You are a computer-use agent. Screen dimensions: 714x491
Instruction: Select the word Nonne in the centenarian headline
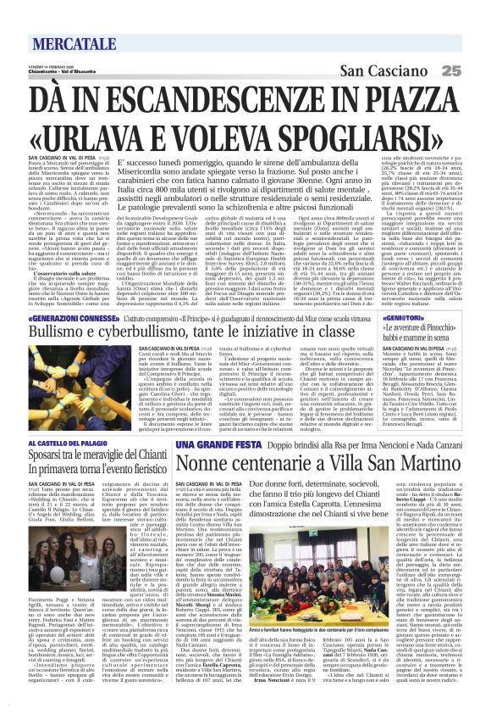[208, 464]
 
